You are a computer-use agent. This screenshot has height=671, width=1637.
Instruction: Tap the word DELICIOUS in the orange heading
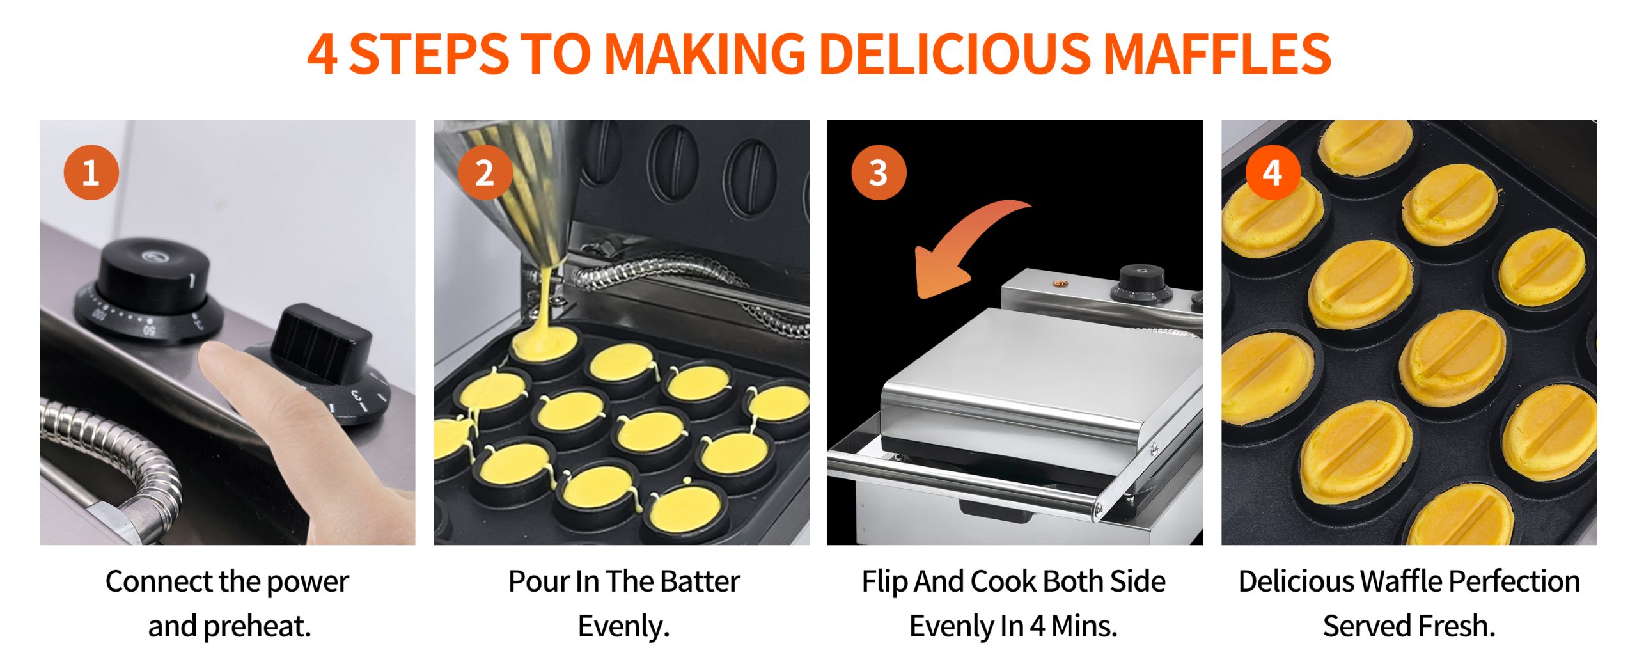tap(955, 53)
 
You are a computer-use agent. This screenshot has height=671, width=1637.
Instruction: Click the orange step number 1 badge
tap(91, 173)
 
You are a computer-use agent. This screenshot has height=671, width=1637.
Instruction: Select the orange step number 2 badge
tap(485, 173)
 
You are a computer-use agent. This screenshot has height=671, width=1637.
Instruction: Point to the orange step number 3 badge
tap(879, 173)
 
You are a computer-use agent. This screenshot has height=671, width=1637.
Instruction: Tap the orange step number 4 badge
tap(1273, 173)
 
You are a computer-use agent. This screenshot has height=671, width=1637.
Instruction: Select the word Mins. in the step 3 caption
tap(1084, 626)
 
